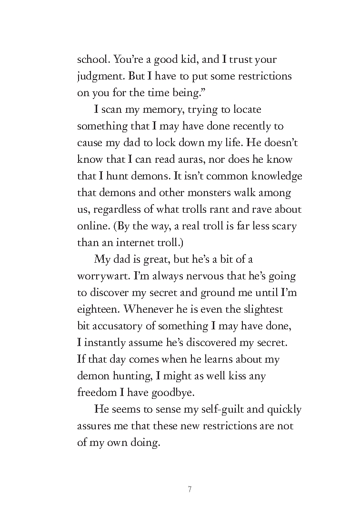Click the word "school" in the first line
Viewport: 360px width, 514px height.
92,60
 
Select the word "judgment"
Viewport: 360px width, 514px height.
97,77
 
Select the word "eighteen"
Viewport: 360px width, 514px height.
97,309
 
